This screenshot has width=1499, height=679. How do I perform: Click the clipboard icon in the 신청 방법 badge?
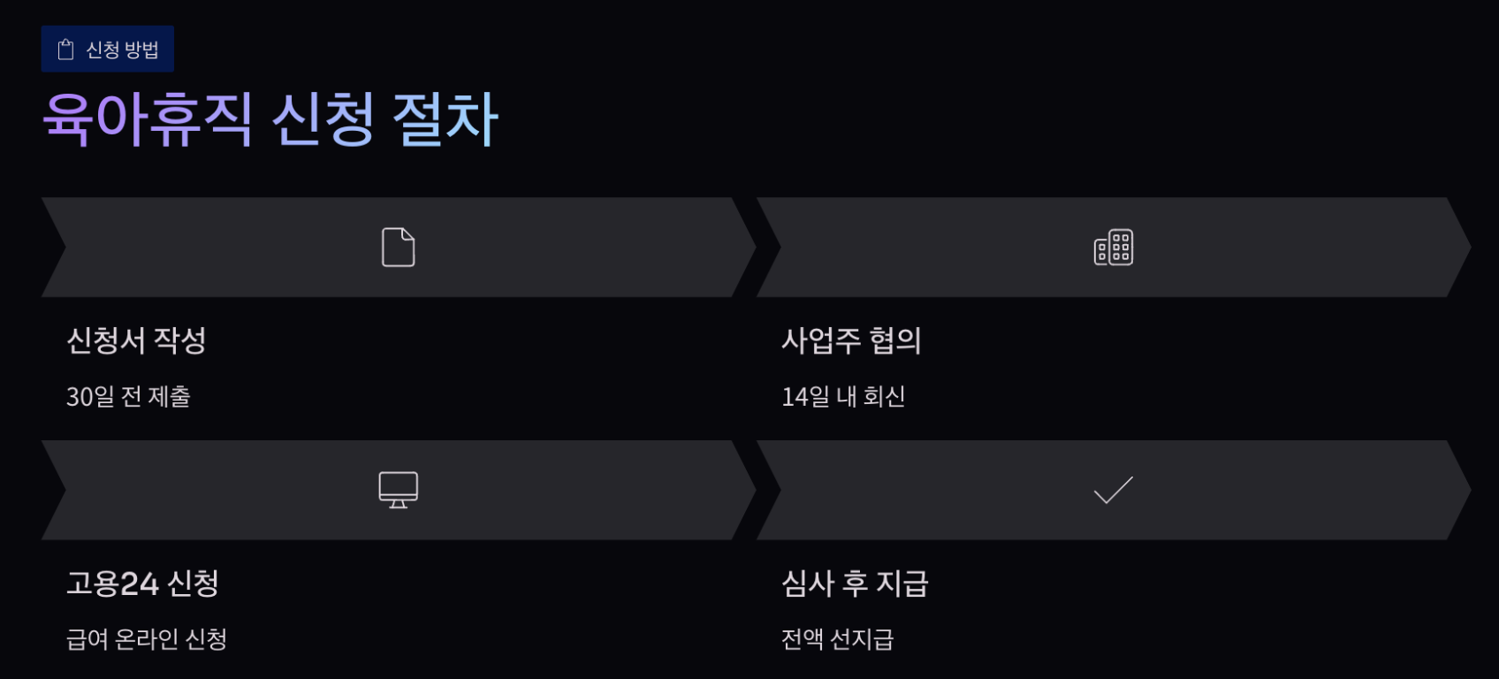coord(65,50)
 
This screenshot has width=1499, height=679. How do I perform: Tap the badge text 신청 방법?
coord(122,50)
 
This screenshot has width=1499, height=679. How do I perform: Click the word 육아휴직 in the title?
coord(148,119)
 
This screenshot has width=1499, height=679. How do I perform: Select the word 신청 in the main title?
coord(323,119)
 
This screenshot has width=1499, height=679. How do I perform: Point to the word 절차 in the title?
coord(445,119)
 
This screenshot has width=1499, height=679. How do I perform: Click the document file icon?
coord(398,248)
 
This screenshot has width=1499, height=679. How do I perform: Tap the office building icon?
coord(1113,248)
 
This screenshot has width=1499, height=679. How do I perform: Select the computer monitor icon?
coord(398,490)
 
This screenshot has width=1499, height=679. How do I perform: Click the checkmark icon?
coord(1113,490)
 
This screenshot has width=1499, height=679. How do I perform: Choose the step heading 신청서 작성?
coord(136,340)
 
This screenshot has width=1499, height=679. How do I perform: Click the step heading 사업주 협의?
coord(851,340)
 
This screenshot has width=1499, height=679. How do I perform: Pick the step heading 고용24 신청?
coord(142,584)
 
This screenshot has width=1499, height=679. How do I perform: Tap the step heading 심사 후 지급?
coord(855,584)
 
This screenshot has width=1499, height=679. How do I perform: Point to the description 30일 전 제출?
coord(128,397)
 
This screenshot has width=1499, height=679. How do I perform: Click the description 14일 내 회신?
coord(843,397)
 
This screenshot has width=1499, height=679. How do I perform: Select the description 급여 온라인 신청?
coord(147,639)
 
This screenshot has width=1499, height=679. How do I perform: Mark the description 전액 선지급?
coord(837,639)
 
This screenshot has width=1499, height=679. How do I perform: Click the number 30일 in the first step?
coord(90,397)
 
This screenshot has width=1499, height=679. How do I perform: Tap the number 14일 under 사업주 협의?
coord(805,397)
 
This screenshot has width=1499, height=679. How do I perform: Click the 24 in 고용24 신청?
coord(139,584)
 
